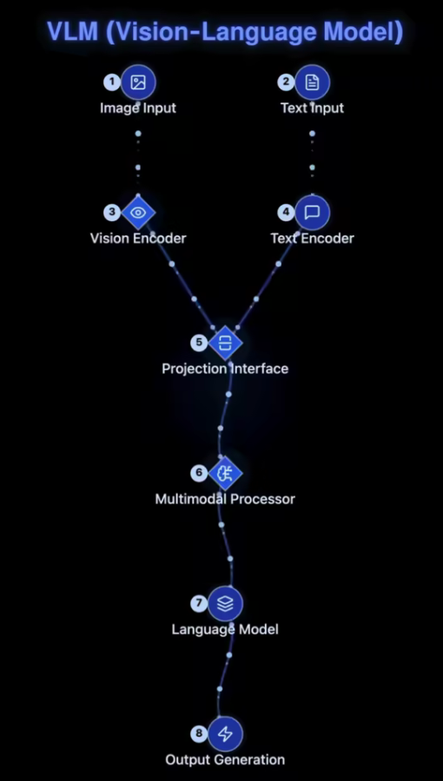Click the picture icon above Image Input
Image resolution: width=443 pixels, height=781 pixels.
138,82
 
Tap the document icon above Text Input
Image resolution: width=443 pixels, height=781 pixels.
312,82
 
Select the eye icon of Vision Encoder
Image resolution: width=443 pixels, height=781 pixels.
138,213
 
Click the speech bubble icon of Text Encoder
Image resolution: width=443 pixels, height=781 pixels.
312,213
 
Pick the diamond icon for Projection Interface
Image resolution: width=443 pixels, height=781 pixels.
225,343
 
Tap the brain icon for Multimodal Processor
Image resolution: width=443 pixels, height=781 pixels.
225,473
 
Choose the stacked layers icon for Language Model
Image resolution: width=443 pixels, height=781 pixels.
225,604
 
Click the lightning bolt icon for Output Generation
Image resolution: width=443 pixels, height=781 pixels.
225,733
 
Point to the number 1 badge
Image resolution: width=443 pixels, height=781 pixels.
112,82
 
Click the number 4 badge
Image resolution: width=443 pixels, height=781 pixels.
286,213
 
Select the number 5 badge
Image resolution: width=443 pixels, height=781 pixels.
199,342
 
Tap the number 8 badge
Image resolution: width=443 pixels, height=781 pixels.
199,733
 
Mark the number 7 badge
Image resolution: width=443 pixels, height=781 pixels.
199,603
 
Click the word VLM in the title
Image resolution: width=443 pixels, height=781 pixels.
72,32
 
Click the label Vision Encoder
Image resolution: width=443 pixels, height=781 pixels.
138,238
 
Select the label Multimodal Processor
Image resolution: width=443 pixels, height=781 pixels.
225,499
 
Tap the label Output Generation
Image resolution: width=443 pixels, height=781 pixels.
225,759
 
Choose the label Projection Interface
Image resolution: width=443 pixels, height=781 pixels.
225,369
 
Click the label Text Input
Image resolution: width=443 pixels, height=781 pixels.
313,108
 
